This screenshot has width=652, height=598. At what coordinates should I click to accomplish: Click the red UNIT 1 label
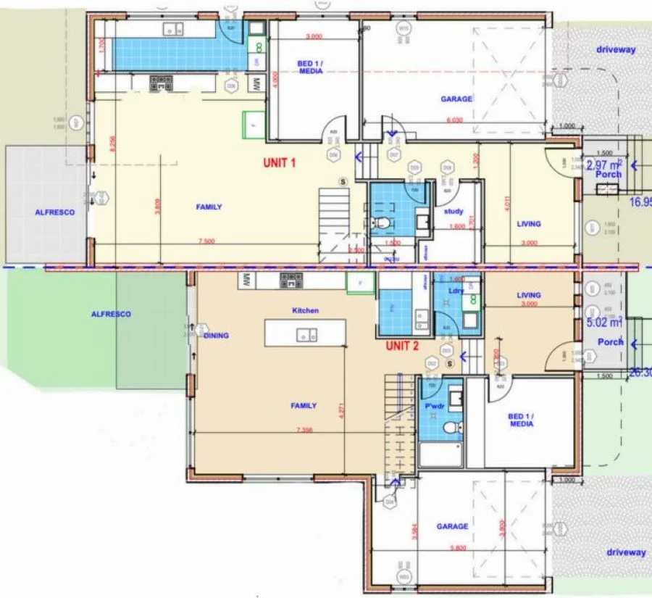pos(279,163)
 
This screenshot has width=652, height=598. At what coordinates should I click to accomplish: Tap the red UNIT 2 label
pos(403,346)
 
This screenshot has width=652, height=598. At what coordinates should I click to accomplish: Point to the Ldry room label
pos(456,291)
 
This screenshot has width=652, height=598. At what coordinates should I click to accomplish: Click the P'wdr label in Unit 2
pos(434,406)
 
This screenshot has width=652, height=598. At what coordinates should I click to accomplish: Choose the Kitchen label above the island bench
pos(305,310)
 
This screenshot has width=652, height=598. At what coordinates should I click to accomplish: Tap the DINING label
pos(216,336)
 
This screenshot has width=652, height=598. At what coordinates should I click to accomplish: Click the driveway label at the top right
pos(616,50)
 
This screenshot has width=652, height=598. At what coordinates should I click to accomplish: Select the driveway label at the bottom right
pos(626,552)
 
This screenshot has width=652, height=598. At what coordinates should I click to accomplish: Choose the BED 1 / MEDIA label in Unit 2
pos(521,420)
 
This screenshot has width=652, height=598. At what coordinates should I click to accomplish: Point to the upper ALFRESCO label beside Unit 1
pos(54,212)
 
